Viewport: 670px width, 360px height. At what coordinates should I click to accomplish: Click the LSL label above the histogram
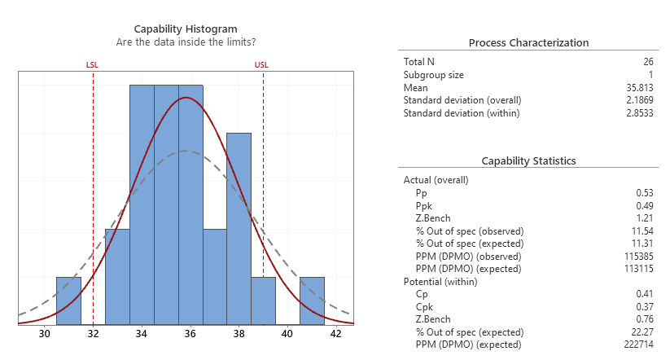tap(92, 64)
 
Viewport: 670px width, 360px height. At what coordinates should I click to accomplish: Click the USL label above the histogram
tap(262, 64)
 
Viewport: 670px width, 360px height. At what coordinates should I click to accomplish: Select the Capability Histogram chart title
tap(186, 29)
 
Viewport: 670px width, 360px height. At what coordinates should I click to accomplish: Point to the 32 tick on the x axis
tap(93, 333)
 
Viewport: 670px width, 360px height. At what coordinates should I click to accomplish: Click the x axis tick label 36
tap(190, 333)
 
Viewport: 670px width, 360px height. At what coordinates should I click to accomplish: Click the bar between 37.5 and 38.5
tap(239, 228)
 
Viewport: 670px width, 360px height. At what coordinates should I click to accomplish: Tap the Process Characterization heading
tap(529, 43)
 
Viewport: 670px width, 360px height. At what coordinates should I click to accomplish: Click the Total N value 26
tap(648, 62)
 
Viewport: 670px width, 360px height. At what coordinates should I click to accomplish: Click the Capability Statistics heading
tap(529, 161)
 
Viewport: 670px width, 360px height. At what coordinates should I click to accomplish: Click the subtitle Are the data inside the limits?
tap(186, 42)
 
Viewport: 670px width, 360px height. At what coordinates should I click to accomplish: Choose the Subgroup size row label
tap(433, 75)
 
